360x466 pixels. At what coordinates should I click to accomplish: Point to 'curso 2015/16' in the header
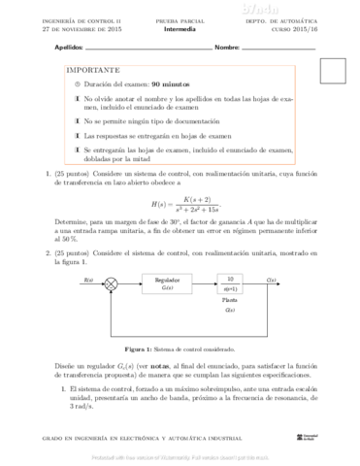pos(312,29)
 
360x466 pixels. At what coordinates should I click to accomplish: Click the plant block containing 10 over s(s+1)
pos(230,283)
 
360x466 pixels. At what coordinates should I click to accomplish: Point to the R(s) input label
pos(89,279)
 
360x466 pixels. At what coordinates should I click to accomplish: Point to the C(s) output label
pos(271,279)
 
